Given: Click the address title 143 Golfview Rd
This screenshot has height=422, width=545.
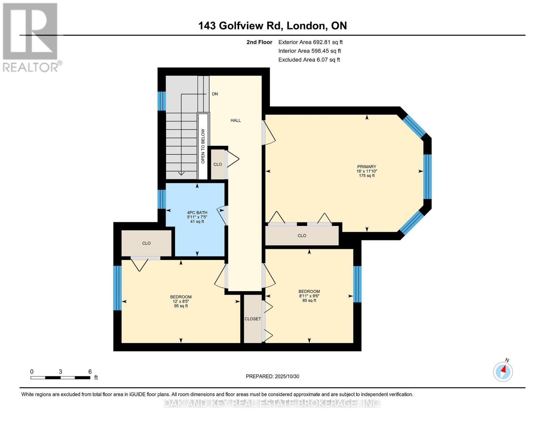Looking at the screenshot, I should tap(272, 26).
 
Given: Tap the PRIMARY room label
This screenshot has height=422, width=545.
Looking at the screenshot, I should tap(366, 167).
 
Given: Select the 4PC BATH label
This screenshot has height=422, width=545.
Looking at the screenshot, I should tap(197, 212).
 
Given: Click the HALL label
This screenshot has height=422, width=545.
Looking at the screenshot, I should tap(235, 120).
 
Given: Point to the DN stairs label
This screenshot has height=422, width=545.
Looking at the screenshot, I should tap(215, 94).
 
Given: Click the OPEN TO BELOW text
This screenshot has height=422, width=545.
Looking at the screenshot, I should tap(203, 146).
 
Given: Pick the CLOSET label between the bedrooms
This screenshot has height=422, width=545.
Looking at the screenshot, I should tap(253, 319).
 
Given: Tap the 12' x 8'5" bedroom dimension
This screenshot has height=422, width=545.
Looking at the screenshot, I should tap(181, 301).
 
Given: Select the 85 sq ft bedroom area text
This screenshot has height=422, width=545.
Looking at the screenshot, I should tap(309, 300).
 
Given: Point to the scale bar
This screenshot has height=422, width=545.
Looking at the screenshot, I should tap(60, 378).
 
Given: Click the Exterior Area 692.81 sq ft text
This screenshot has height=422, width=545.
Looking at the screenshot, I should tap(310, 42).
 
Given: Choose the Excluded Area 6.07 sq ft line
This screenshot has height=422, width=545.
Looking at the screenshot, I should tap(309, 60).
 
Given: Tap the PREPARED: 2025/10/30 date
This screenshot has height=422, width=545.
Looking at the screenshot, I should tap(272, 376).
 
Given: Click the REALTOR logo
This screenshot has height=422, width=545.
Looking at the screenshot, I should tap(31, 37).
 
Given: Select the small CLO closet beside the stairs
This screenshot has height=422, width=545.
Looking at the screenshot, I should tap(218, 164).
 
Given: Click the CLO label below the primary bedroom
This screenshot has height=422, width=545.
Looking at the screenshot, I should tap(302, 236).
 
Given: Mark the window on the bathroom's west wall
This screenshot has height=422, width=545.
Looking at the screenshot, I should tap(161, 199).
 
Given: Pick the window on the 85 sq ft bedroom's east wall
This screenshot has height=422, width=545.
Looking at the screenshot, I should tap(357, 284).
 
